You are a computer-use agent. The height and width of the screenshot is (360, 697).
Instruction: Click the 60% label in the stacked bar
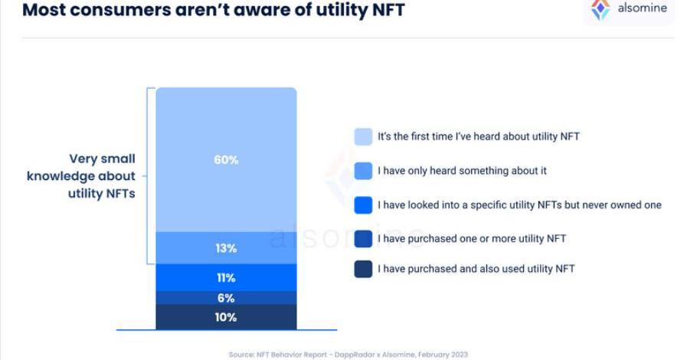(x=226, y=160)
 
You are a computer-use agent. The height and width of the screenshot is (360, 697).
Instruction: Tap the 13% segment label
(x=226, y=248)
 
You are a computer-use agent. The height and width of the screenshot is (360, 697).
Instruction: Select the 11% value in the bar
(x=226, y=277)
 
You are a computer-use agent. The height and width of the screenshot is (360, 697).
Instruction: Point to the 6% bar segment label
(x=226, y=298)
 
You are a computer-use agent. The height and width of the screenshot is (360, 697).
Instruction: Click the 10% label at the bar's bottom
(x=226, y=317)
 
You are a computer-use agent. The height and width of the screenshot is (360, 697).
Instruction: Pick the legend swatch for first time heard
(x=363, y=136)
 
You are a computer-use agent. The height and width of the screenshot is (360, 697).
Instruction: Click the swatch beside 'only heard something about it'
(x=363, y=171)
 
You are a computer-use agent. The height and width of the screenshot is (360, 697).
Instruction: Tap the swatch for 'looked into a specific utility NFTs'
(x=363, y=205)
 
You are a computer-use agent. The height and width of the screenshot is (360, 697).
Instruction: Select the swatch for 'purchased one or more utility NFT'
(x=363, y=239)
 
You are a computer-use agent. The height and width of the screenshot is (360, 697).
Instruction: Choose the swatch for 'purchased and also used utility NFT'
(x=363, y=269)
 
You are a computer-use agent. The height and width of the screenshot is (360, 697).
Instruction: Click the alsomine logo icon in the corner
(x=600, y=10)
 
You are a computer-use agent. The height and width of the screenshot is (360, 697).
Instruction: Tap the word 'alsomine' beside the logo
(x=642, y=9)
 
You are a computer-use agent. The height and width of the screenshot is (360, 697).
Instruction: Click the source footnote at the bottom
(x=348, y=355)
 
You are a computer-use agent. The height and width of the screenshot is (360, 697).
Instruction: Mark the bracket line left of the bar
(x=147, y=176)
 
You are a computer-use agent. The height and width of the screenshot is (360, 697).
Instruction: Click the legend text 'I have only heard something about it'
(x=462, y=171)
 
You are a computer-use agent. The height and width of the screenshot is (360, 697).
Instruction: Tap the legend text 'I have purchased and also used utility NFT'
(x=476, y=269)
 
